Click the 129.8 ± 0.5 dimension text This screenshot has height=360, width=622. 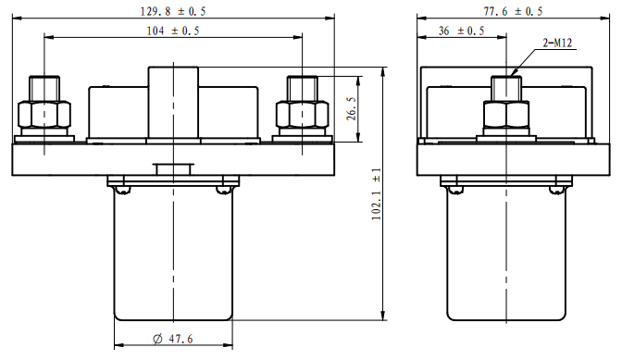(173, 11)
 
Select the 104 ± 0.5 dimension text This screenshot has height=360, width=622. (173, 31)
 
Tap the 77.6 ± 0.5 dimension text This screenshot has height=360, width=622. (513, 11)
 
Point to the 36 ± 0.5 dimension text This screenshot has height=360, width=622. (461, 31)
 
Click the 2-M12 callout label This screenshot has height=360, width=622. (557, 43)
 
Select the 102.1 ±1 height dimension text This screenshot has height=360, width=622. (376, 193)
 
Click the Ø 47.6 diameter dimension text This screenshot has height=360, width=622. (172, 339)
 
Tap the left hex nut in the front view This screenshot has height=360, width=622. (44, 115)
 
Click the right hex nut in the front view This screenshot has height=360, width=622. (303, 115)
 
